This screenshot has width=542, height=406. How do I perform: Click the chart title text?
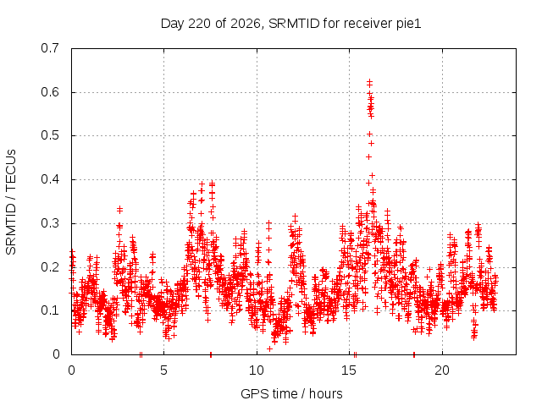point(290,24)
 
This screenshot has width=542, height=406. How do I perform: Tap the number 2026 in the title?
point(245,24)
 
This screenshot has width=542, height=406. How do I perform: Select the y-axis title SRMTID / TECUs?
point(11,202)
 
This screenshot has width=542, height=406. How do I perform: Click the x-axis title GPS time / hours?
point(291,393)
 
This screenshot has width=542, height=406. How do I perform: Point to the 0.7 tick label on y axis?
point(50,48)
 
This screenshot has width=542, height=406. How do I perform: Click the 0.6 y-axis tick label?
point(50,92)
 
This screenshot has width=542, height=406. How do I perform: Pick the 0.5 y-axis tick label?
point(50,135)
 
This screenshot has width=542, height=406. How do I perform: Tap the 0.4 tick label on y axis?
point(50,179)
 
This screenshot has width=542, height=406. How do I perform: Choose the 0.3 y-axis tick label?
point(50,223)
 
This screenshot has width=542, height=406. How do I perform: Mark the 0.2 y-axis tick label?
point(50,267)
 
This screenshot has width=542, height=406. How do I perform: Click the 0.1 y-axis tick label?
point(50,310)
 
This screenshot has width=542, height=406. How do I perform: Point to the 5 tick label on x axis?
point(163,370)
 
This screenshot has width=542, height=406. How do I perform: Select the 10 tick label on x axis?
point(257,370)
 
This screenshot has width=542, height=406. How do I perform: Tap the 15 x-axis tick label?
point(349,370)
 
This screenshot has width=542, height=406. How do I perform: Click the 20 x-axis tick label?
point(442,370)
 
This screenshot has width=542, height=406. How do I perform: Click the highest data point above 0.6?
point(369,82)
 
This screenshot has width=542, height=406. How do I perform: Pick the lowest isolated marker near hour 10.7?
point(269,348)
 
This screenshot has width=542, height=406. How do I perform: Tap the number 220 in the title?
point(200,24)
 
